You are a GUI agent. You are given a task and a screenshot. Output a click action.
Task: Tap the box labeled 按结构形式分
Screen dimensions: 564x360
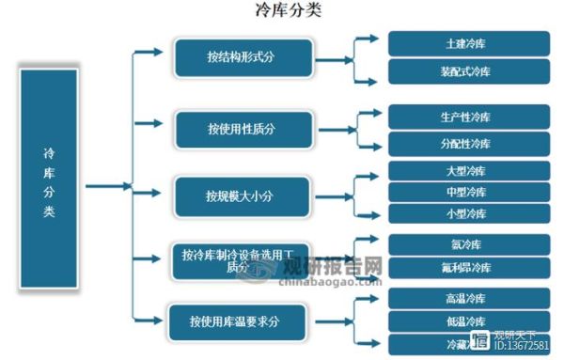click(242, 57)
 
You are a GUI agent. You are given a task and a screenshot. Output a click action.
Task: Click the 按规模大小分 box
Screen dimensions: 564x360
click(242, 196)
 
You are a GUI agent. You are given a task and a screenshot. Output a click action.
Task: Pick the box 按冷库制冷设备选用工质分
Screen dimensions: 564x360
click(242, 259)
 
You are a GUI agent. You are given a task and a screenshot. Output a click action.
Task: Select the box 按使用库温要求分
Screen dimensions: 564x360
click(242, 321)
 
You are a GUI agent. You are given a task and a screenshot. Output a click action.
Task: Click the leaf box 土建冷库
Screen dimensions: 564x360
click(467, 43)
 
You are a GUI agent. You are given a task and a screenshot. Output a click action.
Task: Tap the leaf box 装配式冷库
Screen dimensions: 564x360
click(467, 71)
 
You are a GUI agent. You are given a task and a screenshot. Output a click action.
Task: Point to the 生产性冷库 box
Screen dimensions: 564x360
click(467, 117)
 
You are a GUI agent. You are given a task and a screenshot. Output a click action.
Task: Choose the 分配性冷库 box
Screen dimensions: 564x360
click(467, 144)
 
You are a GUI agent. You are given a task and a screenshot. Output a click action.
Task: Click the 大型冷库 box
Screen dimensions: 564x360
click(467, 171)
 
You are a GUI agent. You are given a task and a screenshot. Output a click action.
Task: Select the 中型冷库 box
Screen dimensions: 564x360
click(467, 192)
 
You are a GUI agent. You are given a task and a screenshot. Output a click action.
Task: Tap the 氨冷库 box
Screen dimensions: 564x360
click(467, 243)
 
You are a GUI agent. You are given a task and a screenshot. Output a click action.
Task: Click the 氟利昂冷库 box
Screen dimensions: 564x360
click(467, 268)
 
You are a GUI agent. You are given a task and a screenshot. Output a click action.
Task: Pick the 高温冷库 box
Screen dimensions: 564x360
click(467, 299)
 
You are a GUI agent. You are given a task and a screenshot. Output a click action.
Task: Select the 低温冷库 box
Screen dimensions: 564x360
click(467, 321)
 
